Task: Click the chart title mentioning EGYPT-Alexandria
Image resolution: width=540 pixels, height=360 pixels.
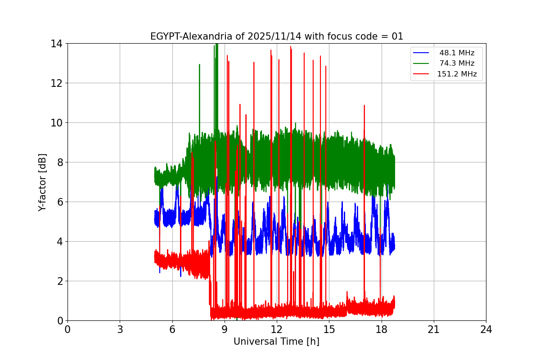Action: [277, 36]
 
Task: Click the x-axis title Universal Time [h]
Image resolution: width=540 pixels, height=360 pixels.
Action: [276, 342]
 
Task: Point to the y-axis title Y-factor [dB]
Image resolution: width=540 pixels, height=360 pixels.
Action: [42, 182]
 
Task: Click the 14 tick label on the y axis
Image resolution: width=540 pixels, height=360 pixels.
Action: [56, 44]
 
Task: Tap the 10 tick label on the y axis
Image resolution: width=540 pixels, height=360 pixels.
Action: [56, 123]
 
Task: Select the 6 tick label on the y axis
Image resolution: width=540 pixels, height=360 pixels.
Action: [59, 202]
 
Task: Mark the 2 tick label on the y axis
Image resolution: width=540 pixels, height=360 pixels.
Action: [59, 281]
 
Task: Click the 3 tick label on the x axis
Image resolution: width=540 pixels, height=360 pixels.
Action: [120, 329]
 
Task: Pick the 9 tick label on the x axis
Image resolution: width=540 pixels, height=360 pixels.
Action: [225, 329]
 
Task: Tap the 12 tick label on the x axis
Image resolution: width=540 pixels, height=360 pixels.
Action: [277, 329]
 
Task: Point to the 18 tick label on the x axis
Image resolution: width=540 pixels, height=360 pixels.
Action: [382, 329]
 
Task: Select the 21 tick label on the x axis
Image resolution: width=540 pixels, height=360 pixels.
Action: [434, 329]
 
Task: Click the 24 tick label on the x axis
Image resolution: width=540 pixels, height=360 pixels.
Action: [486, 329]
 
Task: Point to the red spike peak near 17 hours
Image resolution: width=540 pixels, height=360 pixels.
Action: [364, 106]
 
